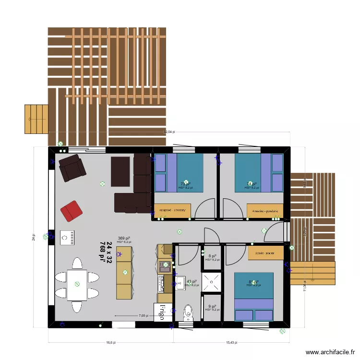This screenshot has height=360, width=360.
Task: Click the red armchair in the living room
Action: click(x=71, y=211)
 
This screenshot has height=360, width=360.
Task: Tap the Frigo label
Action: click(x=162, y=312)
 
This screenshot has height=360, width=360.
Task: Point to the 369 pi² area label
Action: click(x=123, y=238)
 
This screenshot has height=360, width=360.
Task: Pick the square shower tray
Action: click(x=212, y=282)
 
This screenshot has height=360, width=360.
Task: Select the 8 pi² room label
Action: click(x=212, y=256)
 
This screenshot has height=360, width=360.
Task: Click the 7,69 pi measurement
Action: click(x=143, y=316)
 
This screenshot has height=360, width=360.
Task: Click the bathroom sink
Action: click(x=180, y=282)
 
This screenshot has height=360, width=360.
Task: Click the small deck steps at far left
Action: click(x=36, y=119)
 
